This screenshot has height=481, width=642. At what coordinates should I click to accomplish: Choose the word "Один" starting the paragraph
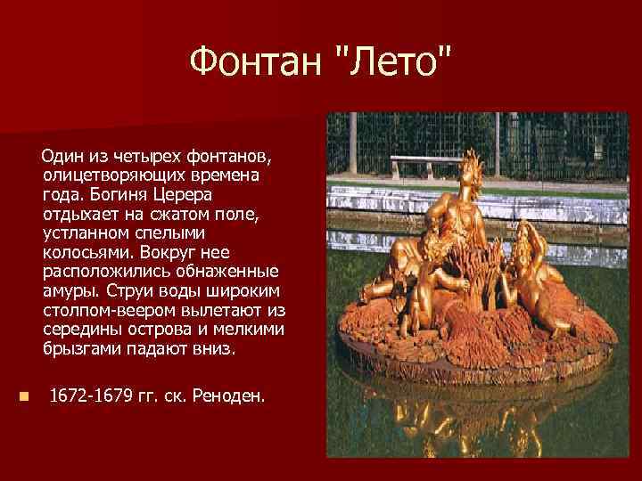coord(62,156)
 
